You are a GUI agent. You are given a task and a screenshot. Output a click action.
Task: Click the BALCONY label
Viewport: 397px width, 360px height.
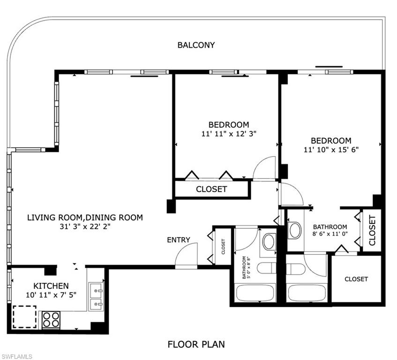coord(196,45)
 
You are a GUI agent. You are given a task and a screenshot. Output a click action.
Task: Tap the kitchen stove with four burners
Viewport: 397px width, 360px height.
coord(51,320)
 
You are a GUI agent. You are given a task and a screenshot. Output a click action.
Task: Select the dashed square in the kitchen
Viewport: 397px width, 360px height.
coord(24,317)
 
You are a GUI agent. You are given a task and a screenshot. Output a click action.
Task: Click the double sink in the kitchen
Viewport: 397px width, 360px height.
coord(96,296)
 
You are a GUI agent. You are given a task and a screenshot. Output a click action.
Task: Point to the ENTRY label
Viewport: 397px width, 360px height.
coord(179,240)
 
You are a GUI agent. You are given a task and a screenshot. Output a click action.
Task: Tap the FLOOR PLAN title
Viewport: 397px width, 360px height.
coord(196,345)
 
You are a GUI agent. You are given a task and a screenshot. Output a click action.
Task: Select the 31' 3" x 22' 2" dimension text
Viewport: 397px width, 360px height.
coord(85,226)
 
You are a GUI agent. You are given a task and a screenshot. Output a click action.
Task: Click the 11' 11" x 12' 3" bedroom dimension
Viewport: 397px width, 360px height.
coord(229,134)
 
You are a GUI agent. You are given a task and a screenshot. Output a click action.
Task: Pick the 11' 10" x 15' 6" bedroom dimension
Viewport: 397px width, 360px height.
coord(331,150)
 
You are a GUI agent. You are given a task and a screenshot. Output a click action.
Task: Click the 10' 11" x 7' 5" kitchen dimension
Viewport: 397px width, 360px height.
coord(51,295)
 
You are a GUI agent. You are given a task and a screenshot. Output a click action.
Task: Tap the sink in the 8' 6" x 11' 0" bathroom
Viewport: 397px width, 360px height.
coord(295,230)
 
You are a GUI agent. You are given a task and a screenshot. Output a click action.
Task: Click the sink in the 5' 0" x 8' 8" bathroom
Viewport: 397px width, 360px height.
coord(269,242)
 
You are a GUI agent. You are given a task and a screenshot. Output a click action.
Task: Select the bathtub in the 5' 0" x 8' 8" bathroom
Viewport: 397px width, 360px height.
coord(255,293)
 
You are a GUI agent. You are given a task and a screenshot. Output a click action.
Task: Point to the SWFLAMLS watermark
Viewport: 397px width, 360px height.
coord(16,356)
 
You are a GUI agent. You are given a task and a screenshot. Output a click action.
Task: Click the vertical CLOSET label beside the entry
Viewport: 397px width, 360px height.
coord(223,247)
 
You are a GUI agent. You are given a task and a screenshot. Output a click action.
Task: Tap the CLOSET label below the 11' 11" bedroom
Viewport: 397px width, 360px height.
coord(211,189)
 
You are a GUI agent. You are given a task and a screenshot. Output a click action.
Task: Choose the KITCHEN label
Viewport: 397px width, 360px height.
coord(51,286)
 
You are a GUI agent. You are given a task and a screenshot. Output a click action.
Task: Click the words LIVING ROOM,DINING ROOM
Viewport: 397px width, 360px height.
coord(85,217)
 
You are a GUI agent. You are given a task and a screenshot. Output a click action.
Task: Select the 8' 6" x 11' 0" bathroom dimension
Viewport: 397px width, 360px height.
coord(330,233)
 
